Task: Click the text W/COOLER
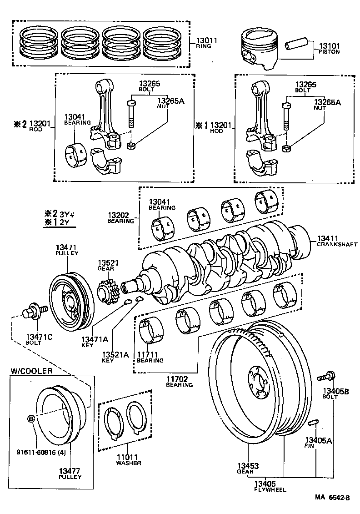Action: [31, 371]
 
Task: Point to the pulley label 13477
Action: [70, 471]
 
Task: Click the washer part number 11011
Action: [128, 457]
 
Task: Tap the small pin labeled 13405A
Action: [312, 423]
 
